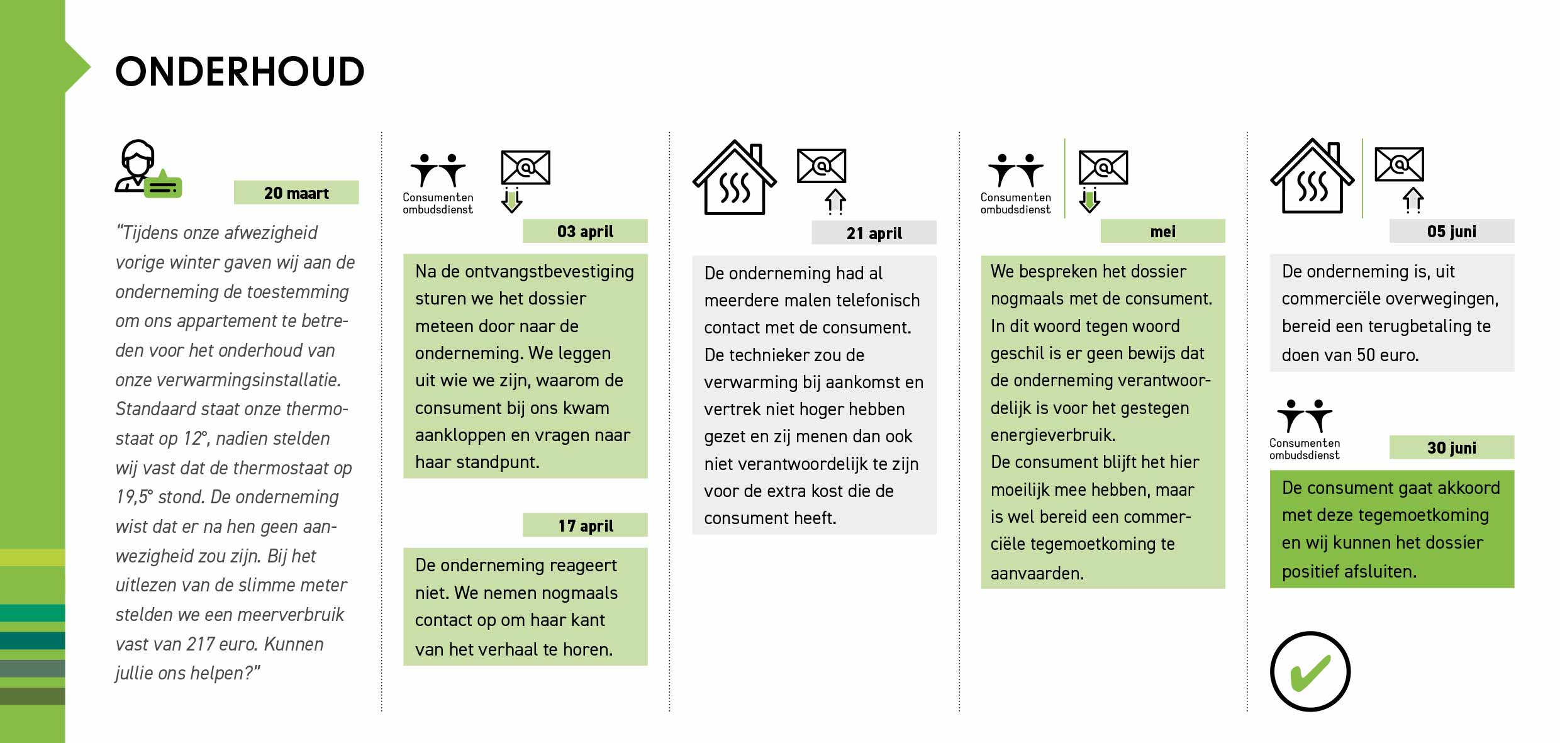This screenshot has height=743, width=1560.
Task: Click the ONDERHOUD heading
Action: [x=240, y=72]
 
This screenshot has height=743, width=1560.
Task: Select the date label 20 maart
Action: [x=296, y=193]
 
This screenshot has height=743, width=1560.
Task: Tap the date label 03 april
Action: [x=585, y=232]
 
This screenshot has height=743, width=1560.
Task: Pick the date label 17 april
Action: [x=585, y=525]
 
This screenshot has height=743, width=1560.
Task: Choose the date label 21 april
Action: [x=874, y=233]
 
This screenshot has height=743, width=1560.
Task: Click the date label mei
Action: [x=1162, y=232]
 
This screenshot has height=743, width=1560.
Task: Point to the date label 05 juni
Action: [x=1451, y=232]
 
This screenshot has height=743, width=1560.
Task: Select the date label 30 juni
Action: [x=1451, y=448]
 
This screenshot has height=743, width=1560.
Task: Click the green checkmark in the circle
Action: [x=1310, y=672]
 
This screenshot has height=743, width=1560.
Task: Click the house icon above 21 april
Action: [x=734, y=179]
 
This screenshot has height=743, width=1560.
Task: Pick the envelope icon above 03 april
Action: [x=525, y=167]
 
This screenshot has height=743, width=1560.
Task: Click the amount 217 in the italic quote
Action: [x=201, y=644]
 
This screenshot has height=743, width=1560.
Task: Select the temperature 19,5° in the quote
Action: [x=134, y=497]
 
